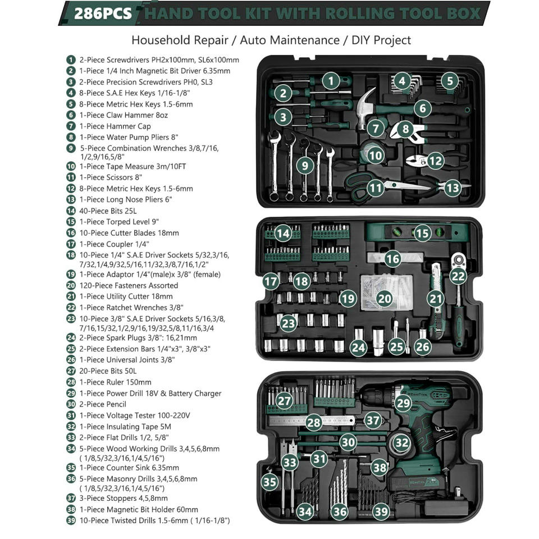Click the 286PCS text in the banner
(x=103, y=13)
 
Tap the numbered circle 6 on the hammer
(x=422, y=108)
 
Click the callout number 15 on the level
(x=422, y=234)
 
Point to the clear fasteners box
(x=386, y=292)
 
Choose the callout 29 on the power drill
(x=403, y=403)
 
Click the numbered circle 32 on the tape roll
(x=401, y=442)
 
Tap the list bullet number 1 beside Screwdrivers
(x=71, y=60)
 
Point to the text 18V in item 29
(x=149, y=393)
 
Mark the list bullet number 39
(x=71, y=520)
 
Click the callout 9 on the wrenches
(x=304, y=166)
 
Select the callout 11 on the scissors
(x=375, y=188)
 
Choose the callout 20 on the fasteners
(x=384, y=298)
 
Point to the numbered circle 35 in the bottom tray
(x=269, y=482)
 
